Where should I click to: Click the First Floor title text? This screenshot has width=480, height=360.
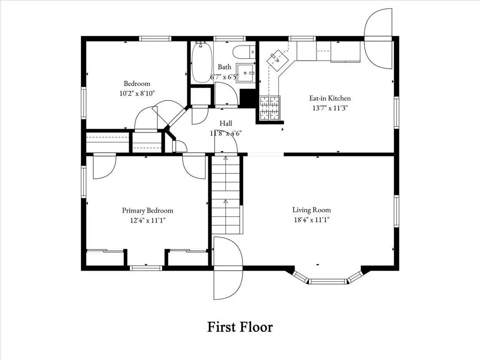click(240, 327)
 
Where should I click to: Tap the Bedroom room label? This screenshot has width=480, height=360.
click(137, 83)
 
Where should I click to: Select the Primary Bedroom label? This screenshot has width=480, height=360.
click(148, 210)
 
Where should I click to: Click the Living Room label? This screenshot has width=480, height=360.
click(311, 210)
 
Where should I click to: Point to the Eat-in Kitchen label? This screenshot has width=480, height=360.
click(330, 98)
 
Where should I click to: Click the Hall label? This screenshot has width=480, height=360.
click(226, 123)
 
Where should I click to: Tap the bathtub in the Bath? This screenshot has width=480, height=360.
click(201, 62)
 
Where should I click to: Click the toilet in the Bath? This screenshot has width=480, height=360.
click(244, 52)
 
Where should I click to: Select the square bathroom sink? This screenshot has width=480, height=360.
click(246, 73)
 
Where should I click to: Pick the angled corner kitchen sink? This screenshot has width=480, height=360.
click(278, 60)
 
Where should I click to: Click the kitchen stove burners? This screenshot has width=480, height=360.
click(270, 108)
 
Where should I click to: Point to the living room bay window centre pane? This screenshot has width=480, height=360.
click(327, 281)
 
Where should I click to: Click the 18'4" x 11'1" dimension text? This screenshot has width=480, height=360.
click(311, 220)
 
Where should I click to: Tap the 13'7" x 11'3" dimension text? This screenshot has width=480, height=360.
click(330, 108)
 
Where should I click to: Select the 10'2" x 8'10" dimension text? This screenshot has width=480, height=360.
click(137, 93)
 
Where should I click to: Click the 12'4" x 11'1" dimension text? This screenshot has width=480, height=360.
click(148, 220)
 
